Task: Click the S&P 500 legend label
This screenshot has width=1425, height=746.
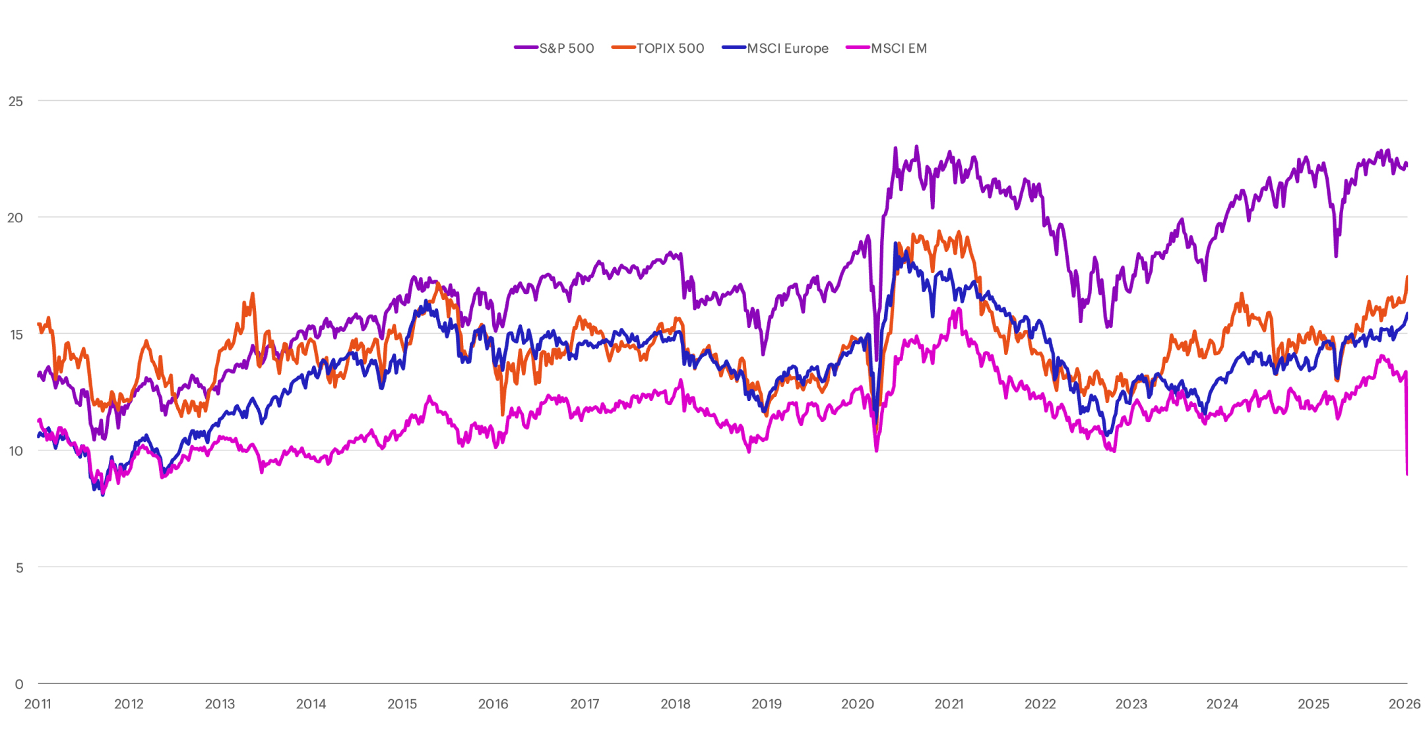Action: [x=567, y=48]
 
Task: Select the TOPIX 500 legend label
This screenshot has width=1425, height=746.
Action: [x=670, y=48]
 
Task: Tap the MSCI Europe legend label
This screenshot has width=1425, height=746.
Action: [x=788, y=48]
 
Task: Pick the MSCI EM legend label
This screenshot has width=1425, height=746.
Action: [x=899, y=48]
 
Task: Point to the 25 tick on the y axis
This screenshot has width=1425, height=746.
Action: [x=15, y=102]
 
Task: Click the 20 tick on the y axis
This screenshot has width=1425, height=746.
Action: [x=15, y=218]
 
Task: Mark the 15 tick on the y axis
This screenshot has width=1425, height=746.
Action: [x=16, y=334]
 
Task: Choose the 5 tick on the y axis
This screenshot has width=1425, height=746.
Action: [x=20, y=568]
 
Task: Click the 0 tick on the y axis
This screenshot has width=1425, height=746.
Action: [x=19, y=684]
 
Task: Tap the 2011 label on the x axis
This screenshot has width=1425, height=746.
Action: [x=38, y=704]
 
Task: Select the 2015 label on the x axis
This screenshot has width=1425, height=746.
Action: [x=402, y=704]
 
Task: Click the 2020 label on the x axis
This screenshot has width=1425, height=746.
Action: [x=858, y=704]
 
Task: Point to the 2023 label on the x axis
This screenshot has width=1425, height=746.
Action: [x=1131, y=704]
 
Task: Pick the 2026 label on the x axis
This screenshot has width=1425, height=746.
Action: [x=1405, y=704]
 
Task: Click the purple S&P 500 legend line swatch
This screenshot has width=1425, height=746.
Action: [x=526, y=47]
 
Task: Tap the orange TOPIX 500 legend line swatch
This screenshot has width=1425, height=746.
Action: [x=623, y=47]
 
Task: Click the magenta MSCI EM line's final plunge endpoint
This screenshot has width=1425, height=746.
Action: [x=1407, y=474]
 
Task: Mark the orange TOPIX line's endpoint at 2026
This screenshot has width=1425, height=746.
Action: [x=1407, y=277]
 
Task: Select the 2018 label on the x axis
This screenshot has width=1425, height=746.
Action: [x=676, y=704]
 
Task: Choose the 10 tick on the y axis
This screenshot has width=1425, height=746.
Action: [x=15, y=451]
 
